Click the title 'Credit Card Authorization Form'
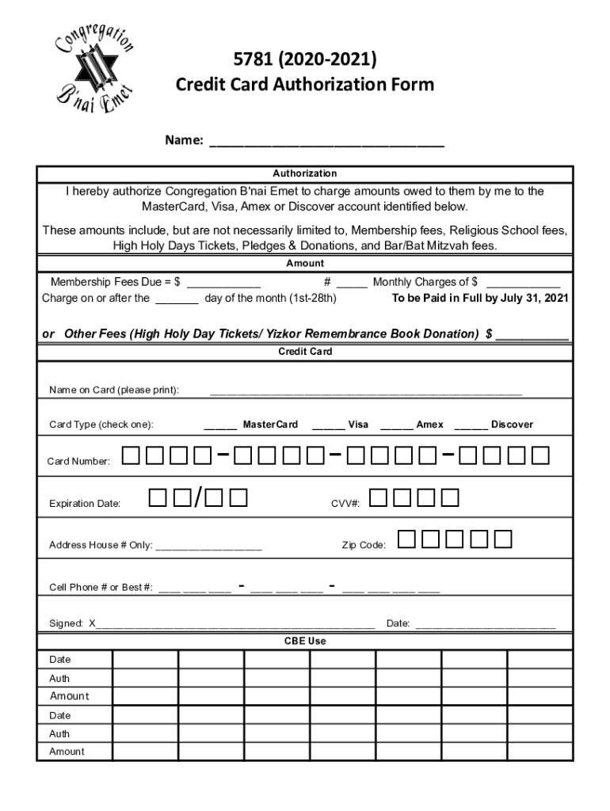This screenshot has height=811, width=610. [304, 84]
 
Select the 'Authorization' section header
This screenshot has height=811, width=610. [305, 173]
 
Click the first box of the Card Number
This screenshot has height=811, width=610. [132, 455]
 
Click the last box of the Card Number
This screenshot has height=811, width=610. [540, 455]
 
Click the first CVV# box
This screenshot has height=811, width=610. [379, 497]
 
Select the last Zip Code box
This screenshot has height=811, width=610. [503, 539]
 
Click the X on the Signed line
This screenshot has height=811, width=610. [92, 623]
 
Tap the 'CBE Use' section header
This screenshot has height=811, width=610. [305, 641]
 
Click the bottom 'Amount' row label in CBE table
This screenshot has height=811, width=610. [68, 752]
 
